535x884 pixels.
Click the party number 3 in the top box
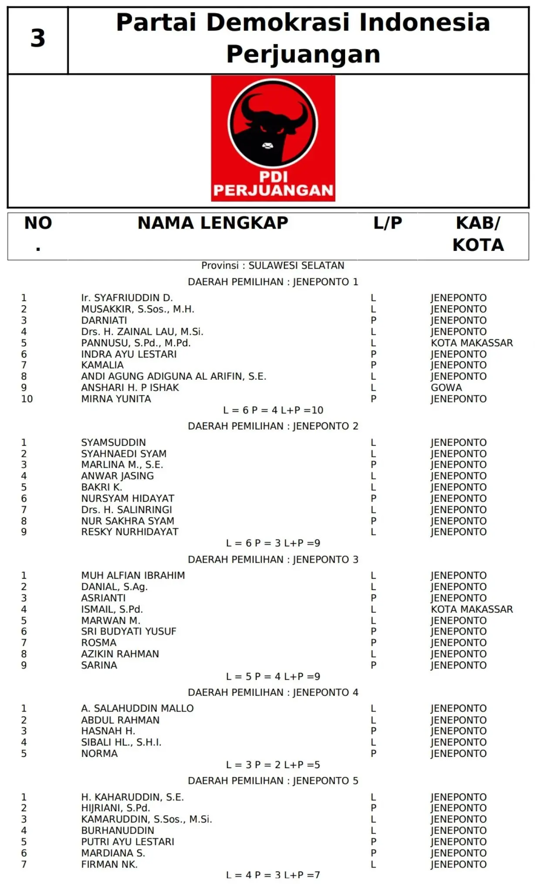38,38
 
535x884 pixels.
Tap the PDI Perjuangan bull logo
273,138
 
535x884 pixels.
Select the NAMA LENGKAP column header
213,223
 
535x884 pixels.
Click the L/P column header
387,223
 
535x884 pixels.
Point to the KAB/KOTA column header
478,234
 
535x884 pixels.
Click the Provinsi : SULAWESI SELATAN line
273,265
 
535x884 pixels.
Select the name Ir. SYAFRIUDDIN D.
127,298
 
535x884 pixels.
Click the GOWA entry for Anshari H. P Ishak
446,388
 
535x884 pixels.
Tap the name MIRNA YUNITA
116,399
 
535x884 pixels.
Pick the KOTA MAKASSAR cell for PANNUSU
472,343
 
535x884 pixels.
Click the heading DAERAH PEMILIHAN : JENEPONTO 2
273,426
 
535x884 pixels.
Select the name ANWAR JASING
117,476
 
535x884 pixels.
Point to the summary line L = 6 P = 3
273,543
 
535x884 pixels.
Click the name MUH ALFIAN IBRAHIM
133,575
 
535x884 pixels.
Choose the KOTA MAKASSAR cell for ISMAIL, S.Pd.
472,609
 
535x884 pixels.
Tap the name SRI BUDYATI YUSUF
129,631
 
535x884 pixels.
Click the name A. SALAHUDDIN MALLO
137,709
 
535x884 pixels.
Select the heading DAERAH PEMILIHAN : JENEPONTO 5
273,781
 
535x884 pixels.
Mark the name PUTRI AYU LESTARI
128,842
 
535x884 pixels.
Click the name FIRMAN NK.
109,864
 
